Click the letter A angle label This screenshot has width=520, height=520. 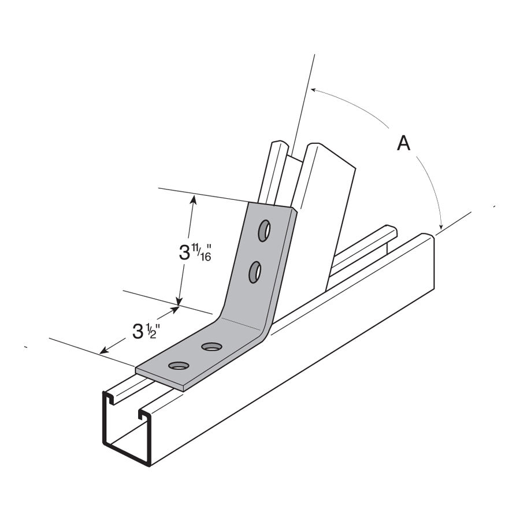point(403,142)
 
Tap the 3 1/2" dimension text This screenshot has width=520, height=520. point(145,330)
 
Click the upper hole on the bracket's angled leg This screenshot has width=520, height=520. point(264,230)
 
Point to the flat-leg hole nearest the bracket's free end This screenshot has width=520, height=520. point(179,365)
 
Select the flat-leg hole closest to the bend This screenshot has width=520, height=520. point(211,347)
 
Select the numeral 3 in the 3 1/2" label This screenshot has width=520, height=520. point(138,332)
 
